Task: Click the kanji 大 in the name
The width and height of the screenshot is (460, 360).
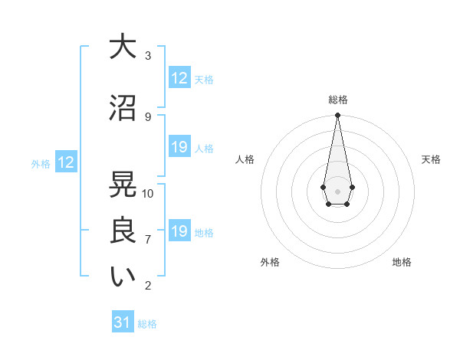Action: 123,47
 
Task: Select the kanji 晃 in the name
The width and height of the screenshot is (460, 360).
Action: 123,185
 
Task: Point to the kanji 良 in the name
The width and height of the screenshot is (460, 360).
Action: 123,230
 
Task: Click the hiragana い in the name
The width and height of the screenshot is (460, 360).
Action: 123,277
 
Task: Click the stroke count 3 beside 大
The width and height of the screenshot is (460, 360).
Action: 148,55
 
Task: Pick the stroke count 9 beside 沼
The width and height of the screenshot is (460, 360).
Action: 148,116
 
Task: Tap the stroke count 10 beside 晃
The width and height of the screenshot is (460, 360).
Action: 148,193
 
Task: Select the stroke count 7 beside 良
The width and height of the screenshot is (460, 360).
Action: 148,239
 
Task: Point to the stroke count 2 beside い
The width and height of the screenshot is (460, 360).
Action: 148,286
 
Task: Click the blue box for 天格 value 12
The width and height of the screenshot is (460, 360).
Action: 179,78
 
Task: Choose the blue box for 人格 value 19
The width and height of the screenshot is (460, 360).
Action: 179,147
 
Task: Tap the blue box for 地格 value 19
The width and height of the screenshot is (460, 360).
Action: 179,231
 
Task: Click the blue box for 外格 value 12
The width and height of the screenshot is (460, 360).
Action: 65,162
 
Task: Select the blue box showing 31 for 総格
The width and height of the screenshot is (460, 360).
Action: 123,322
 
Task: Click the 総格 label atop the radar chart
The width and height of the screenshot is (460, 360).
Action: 337,100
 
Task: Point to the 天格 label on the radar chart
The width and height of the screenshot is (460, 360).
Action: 431,159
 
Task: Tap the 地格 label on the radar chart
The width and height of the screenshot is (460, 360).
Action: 402,262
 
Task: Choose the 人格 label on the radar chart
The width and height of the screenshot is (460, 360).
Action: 245,159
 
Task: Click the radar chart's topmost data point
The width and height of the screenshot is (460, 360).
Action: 337,116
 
